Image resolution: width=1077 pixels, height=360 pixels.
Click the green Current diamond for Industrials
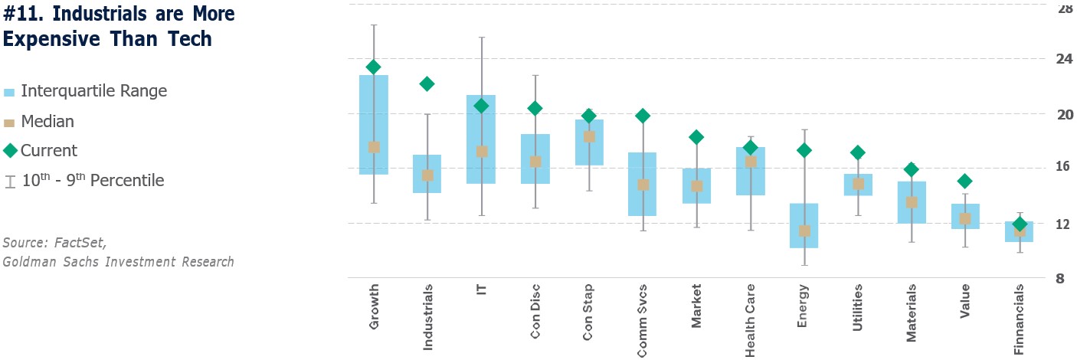[427, 84]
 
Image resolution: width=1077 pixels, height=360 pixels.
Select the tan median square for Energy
[804, 231]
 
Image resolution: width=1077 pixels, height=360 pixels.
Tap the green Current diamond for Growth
[374, 67]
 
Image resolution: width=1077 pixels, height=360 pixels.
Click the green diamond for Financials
[1020, 224]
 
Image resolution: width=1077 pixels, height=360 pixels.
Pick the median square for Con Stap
[589, 136]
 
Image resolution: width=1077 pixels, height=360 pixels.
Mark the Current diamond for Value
[965, 182]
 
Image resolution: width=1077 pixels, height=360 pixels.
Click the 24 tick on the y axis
[1065, 59]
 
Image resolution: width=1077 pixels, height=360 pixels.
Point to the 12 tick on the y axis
[1065, 224]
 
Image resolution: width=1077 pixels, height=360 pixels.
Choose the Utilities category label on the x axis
[857, 308]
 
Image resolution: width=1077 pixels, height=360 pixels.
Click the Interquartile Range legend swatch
[9, 92]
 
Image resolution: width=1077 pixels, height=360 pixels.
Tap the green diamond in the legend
[9, 151]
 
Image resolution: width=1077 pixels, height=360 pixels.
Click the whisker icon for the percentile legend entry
[9, 182]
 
